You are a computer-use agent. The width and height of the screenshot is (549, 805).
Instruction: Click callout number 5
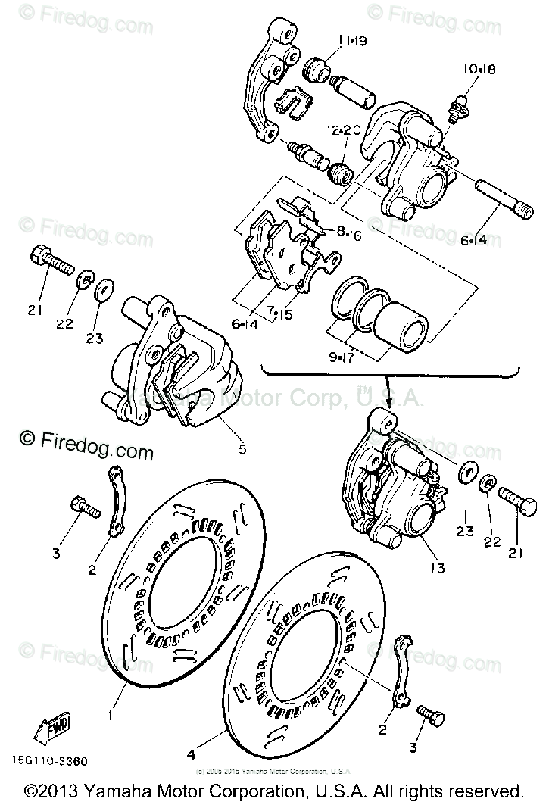tap(242, 449)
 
